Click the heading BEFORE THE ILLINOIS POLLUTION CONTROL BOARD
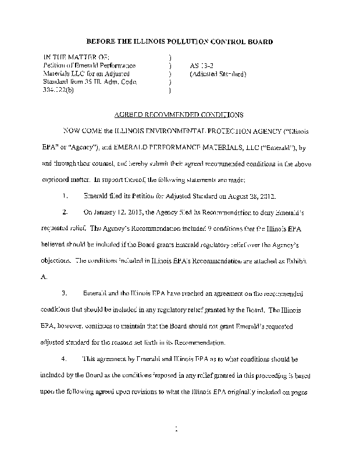click(x=179, y=42)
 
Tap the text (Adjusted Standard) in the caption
click(x=218, y=74)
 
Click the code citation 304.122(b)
click(x=60, y=91)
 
